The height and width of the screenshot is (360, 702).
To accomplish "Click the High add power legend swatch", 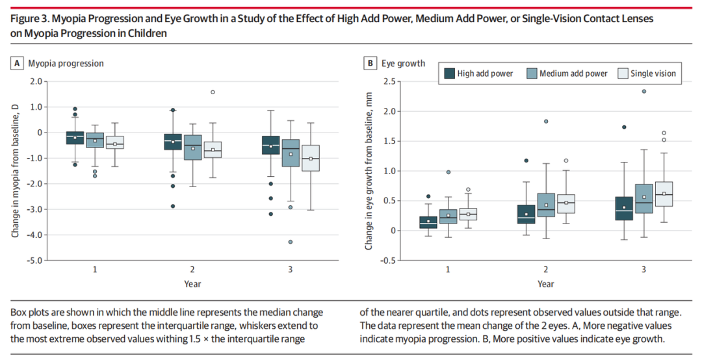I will point(449,73).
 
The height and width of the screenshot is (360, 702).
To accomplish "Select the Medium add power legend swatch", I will point(532,73).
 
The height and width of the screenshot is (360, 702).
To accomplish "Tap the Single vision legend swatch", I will point(622,73).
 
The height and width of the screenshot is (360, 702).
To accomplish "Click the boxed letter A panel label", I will point(18,63).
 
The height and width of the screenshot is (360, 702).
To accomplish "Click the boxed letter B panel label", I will point(370,63).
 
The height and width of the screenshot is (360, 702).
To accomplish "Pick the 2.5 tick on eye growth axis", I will point(389,81).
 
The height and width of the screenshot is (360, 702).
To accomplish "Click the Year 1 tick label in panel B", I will point(448,269).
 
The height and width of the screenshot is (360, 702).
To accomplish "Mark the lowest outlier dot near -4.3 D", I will point(291,242).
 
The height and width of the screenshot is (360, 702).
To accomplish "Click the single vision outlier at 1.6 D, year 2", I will point(213,92).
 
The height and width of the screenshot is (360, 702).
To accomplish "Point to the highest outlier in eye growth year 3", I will point(643,92).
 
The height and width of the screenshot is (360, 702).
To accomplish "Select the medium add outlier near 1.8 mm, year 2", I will point(546,122).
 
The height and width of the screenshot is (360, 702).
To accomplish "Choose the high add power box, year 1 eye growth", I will point(428,222).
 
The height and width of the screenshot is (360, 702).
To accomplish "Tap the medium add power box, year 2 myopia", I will point(193,148).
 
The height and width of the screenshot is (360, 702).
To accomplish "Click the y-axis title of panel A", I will point(15,170).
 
